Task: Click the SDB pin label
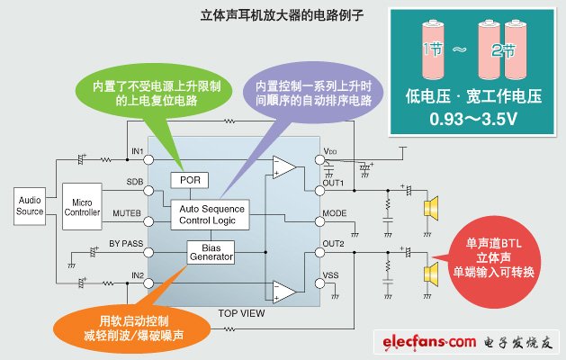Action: pos(135,182)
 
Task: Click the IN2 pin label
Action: pos(136,274)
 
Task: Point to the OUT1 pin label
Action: pos(335,182)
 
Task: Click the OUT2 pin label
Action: pos(335,244)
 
